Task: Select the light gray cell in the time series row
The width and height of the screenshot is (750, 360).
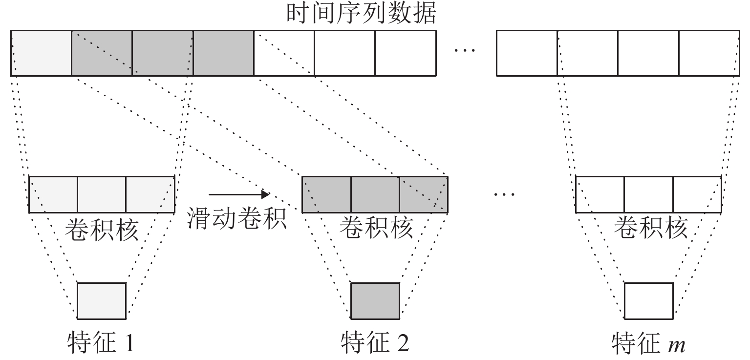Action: pyautogui.click(x=41, y=53)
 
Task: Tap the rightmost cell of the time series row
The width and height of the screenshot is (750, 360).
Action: pyautogui.click(x=709, y=53)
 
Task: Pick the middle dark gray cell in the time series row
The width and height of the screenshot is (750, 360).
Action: pyautogui.click(x=162, y=53)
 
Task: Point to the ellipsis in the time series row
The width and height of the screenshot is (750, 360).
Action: pyautogui.click(x=465, y=51)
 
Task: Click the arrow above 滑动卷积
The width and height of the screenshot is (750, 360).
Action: pyautogui.click(x=239, y=194)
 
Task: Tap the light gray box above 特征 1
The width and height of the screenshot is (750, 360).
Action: pyautogui.click(x=102, y=299)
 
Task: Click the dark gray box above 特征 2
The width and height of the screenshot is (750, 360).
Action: pyautogui.click(x=375, y=299)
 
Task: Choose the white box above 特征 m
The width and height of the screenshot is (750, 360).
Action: pyautogui.click(x=648, y=299)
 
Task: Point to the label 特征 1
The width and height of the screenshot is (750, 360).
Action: pyautogui.click(x=100, y=343)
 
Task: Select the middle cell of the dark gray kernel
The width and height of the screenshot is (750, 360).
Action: pyautogui.click(x=375, y=194)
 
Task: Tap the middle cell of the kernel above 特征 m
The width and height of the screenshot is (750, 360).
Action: pyautogui.click(x=648, y=194)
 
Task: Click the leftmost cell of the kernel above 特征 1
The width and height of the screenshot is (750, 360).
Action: pyautogui.click(x=53, y=194)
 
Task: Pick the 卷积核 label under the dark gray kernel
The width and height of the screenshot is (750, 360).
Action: pyautogui.click(x=376, y=228)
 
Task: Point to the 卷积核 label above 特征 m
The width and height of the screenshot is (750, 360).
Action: pyautogui.click(x=649, y=228)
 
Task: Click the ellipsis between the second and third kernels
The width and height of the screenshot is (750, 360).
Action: pyautogui.click(x=504, y=195)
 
